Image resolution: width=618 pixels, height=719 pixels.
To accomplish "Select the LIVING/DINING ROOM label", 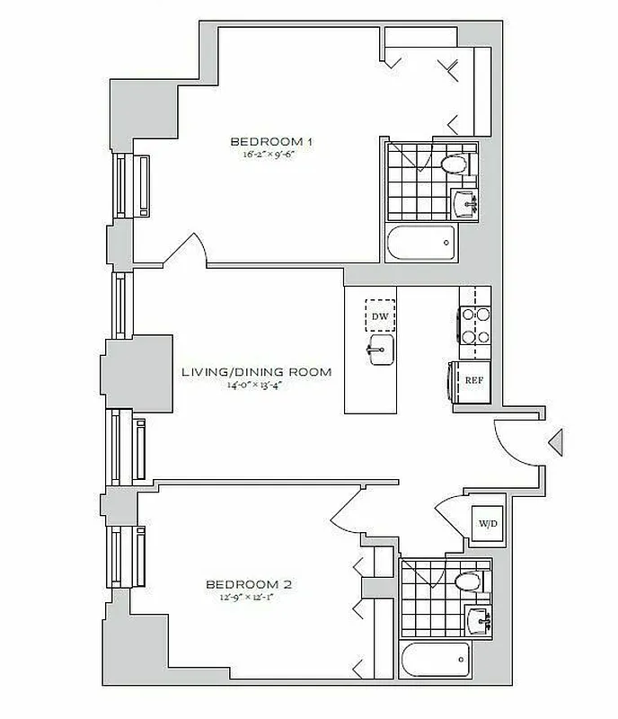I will click(256, 371).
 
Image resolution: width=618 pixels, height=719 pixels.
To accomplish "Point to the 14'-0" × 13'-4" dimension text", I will click(256, 386).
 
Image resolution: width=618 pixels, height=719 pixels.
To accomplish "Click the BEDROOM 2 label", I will click(248, 583).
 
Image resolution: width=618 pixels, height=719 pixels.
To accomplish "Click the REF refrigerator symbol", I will click(472, 379).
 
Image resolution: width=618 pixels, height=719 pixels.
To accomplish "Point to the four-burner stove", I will click(474, 326).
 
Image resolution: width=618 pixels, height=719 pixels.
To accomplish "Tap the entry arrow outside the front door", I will click(555, 440).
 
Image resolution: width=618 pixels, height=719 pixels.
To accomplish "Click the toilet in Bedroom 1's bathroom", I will click(456, 164).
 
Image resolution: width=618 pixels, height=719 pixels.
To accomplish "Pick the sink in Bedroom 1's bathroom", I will click(467, 202).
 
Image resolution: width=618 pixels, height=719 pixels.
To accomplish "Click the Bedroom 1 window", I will click(122, 185).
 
